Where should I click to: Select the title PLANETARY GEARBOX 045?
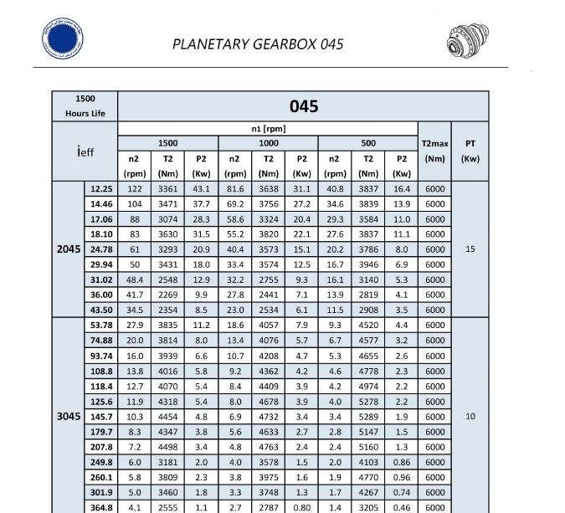pyautogui.click(x=257, y=44)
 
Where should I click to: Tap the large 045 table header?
pyautogui.click(x=303, y=106)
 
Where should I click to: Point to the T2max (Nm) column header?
pyautogui.click(x=435, y=151)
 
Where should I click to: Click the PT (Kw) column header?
pyautogui.click(x=470, y=151)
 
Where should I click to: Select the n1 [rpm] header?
pyautogui.click(x=268, y=129)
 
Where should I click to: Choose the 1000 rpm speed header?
pyautogui.click(x=268, y=143)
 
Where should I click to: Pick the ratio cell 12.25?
pyautogui.click(x=101, y=189)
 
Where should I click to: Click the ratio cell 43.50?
pyautogui.click(x=101, y=310)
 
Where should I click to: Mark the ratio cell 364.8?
pyautogui.click(x=101, y=506)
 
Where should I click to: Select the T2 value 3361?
pyautogui.click(x=167, y=189)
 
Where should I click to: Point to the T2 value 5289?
pyautogui.click(x=368, y=416)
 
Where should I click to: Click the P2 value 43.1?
pyautogui.click(x=201, y=189)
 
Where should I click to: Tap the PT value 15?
pyautogui.click(x=470, y=249)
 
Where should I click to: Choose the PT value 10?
pyautogui.click(x=470, y=416)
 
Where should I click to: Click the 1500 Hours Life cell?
pyautogui.click(x=85, y=106)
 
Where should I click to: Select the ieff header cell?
pyautogui.click(x=85, y=151)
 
